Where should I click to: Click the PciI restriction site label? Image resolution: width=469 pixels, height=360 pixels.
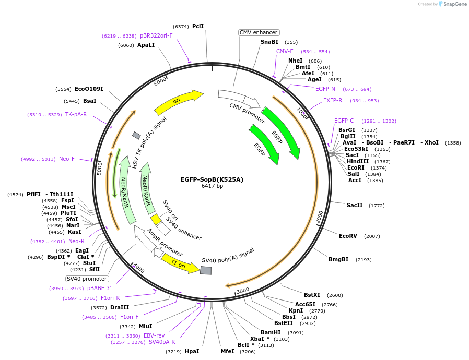(198, 26)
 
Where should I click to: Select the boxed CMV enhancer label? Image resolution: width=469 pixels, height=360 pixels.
(259, 32)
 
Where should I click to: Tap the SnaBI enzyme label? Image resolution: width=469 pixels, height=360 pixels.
(269, 42)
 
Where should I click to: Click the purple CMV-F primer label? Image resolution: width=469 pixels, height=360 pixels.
(285, 51)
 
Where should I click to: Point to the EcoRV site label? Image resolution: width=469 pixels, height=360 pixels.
(348, 236)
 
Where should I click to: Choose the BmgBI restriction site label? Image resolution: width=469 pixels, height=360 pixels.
(338, 259)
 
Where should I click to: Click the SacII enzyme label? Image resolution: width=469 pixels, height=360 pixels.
(355, 205)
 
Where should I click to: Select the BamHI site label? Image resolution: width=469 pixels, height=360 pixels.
(270, 332)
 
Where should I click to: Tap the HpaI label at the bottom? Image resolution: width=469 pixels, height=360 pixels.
(192, 351)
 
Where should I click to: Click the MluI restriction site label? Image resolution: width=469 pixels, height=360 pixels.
(145, 326)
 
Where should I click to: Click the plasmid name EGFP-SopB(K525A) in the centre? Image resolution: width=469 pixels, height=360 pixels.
(212, 179)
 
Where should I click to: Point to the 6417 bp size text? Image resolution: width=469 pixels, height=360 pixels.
(212, 186)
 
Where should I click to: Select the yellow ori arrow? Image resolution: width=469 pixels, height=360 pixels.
(178, 102)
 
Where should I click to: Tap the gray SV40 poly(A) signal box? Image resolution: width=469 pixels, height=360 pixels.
(206, 270)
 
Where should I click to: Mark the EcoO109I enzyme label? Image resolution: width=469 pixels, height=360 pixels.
(89, 89)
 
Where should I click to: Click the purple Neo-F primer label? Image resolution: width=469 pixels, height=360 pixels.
(67, 159)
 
